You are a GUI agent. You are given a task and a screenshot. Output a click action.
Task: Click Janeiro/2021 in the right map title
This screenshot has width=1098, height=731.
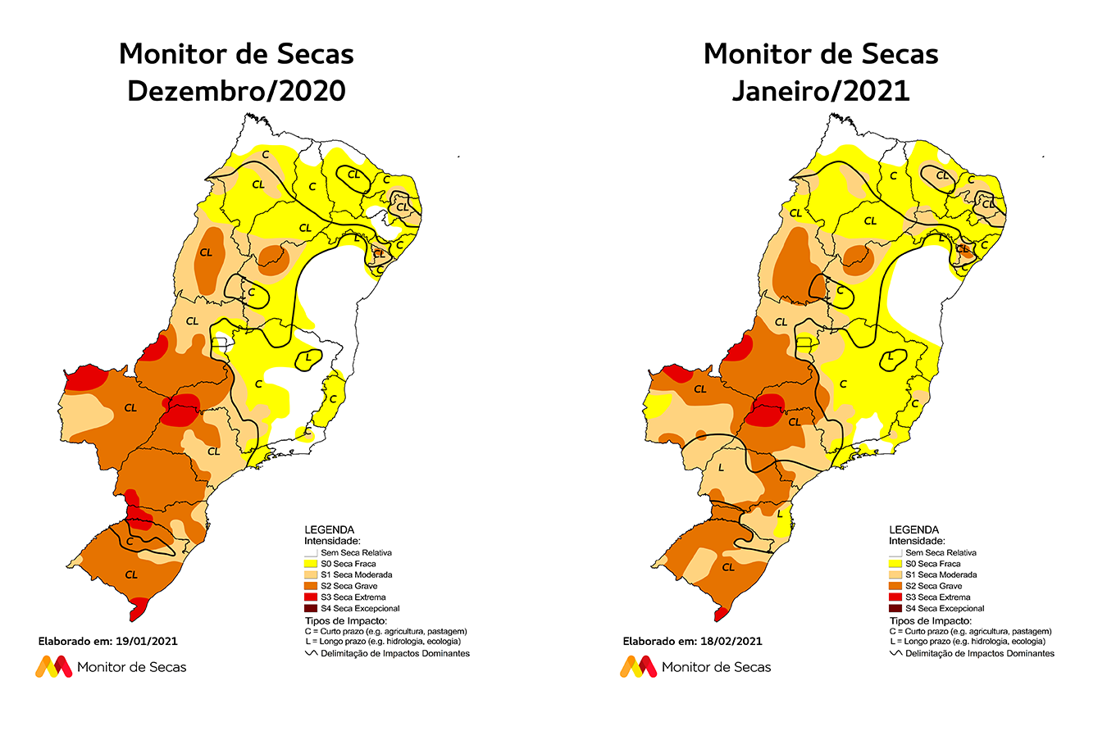pos(821,91)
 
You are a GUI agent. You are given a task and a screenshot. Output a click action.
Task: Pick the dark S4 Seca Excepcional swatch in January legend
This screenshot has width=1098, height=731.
pos(895,609)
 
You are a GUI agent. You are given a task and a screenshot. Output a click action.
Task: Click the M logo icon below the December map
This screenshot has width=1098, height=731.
pos(53,666)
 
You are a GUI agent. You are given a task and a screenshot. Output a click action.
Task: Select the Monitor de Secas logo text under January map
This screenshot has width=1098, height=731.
pos(716,667)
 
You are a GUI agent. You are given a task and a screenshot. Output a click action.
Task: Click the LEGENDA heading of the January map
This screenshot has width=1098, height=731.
pos(913,529)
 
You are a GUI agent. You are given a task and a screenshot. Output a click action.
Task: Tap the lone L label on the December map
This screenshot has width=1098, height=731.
pos(308,357)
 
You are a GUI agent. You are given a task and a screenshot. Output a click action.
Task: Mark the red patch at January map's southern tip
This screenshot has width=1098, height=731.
pos(722,612)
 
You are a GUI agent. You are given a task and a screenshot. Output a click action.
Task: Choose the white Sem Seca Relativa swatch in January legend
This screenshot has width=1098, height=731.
pos(895,553)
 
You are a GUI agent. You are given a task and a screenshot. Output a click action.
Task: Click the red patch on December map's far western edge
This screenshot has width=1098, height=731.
pos(85,378)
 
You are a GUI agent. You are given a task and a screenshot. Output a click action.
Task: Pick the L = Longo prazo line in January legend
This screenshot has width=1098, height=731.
pos(967,642)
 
